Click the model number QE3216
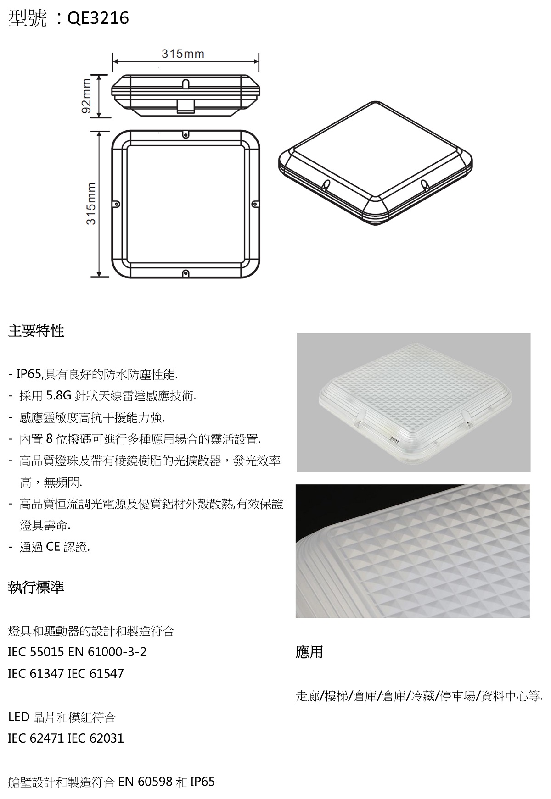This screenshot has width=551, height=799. [x=98, y=18]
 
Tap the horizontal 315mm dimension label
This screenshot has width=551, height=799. [x=183, y=54]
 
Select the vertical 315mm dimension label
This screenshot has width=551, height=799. [x=91, y=204]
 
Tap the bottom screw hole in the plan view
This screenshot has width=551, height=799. [x=186, y=273]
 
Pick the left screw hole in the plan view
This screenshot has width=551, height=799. [x=117, y=204]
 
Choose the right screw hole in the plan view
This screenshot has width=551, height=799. [x=254, y=204]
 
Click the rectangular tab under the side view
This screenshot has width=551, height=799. [x=186, y=106]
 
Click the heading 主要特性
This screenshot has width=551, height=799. [x=36, y=331]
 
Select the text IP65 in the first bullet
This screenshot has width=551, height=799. [x=29, y=374]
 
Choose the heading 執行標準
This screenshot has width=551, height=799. [x=36, y=587]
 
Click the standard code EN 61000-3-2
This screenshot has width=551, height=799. [x=107, y=652]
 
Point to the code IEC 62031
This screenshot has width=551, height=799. [x=96, y=738]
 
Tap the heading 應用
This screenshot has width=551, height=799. [x=309, y=652]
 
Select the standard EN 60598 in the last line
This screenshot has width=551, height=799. [x=146, y=782]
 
